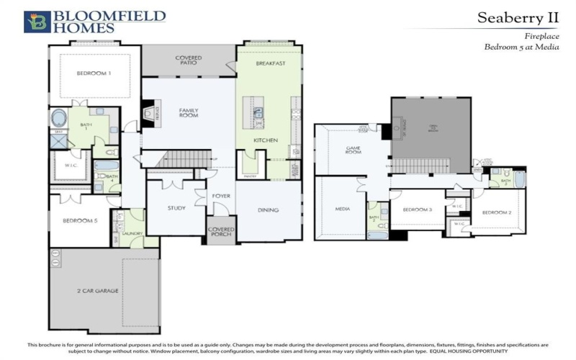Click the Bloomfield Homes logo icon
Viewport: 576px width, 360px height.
coord(37,22)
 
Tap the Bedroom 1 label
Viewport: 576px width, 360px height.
coord(94,73)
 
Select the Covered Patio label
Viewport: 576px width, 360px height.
coord(188,60)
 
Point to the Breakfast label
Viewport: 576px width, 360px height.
coord(271,63)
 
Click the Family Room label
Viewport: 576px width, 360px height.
coord(189,113)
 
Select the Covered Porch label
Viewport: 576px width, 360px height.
coord(221,233)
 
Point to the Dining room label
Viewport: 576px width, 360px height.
coord(268,210)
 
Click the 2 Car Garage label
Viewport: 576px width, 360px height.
coord(97,290)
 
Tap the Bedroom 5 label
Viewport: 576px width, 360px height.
coord(80,220)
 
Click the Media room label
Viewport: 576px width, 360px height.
coord(341,210)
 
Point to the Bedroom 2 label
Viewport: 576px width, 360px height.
coord(496,212)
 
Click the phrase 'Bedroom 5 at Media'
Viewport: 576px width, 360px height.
coord(521,46)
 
